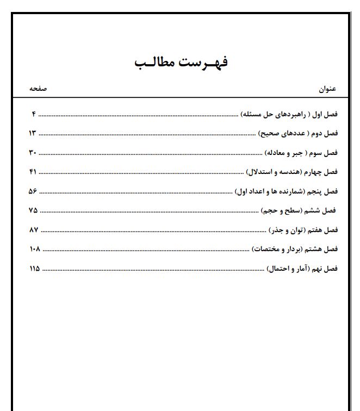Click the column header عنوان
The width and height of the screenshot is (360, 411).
click(x=328, y=89)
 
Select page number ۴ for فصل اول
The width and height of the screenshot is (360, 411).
click(x=33, y=114)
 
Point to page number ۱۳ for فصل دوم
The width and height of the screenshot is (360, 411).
click(x=32, y=133)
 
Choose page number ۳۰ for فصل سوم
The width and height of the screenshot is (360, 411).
click(x=32, y=153)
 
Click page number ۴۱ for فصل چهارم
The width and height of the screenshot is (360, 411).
click(x=32, y=172)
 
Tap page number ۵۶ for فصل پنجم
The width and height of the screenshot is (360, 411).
click(x=32, y=191)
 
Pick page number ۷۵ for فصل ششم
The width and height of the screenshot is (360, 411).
click(x=33, y=210)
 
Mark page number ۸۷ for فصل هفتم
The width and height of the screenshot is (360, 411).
click(x=33, y=230)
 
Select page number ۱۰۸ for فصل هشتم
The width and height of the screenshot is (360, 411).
click(x=34, y=249)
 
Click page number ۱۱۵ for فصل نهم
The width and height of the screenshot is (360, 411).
click(x=34, y=269)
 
